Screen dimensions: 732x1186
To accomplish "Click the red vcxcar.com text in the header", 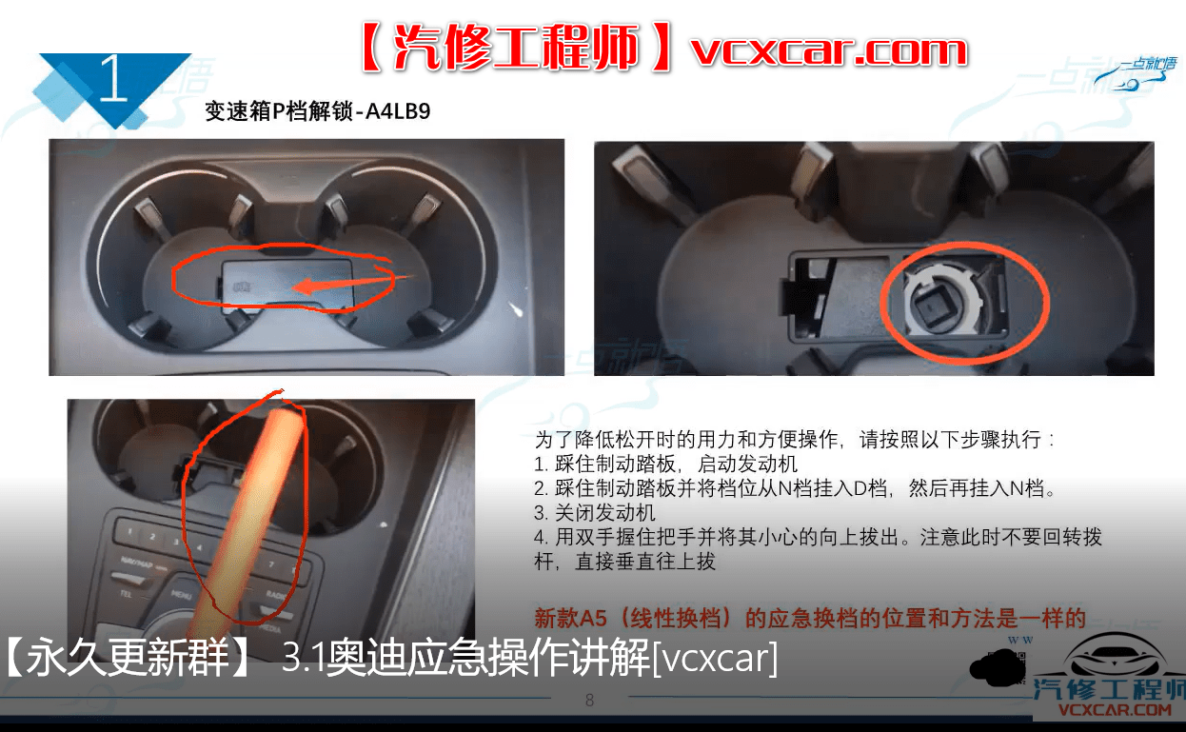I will click(x=829, y=49).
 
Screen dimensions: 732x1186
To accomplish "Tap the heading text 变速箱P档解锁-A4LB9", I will click(x=318, y=111).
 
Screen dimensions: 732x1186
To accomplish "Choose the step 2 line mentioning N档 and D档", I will click(x=795, y=489).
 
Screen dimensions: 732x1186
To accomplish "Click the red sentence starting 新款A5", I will click(x=809, y=619).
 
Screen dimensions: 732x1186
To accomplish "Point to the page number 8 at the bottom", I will click(x=589, y=702).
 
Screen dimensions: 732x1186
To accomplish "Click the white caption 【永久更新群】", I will click(x=128, y=659).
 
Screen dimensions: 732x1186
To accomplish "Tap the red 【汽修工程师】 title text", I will click(x=519, y=49).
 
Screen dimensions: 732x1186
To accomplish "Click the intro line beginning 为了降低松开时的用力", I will click(x=795, y=441).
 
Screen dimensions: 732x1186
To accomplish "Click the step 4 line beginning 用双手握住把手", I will click(x=819, y=538).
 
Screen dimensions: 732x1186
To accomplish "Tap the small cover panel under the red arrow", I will click(x=286, y=283).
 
